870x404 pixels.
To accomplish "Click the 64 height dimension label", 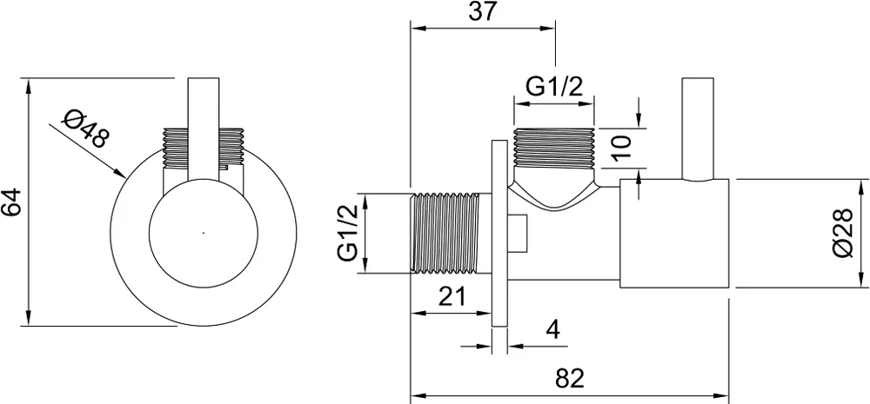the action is [x=11, y=202].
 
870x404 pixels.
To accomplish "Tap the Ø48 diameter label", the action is [x=84, y=129].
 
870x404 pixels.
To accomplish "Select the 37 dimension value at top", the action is [x=482, y=11].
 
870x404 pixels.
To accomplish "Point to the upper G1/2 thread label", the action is [x=554, y=87].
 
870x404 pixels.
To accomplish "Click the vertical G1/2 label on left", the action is [x=348, y=233].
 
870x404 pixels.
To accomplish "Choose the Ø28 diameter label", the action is [x=843, y=233].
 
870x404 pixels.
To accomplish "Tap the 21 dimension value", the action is [x=452, y=296].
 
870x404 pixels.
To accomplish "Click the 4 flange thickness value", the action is [x=552, y=330].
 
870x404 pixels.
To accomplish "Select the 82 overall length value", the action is [x=571, y=379].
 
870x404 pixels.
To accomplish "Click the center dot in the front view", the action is [x=204, y=233].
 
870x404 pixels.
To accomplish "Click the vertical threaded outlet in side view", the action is [x=554, y=148].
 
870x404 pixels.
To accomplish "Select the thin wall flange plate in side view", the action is [x=499, y=234].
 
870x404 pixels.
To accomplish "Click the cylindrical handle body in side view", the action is [x=674, y=234].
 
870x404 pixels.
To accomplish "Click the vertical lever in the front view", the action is [x=204, y=129].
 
